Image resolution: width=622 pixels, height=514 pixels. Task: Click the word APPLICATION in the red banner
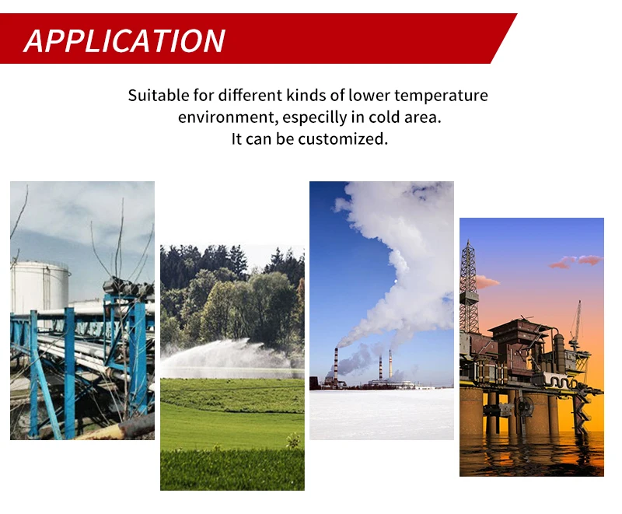124,41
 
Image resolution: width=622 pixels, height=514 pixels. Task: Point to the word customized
343,139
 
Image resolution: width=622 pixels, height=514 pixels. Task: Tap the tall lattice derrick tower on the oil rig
469,287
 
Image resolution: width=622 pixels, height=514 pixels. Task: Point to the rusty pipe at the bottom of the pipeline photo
119,428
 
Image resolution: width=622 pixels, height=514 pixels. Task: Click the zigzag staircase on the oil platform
580,407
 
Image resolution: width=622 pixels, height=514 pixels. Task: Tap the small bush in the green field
293,441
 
